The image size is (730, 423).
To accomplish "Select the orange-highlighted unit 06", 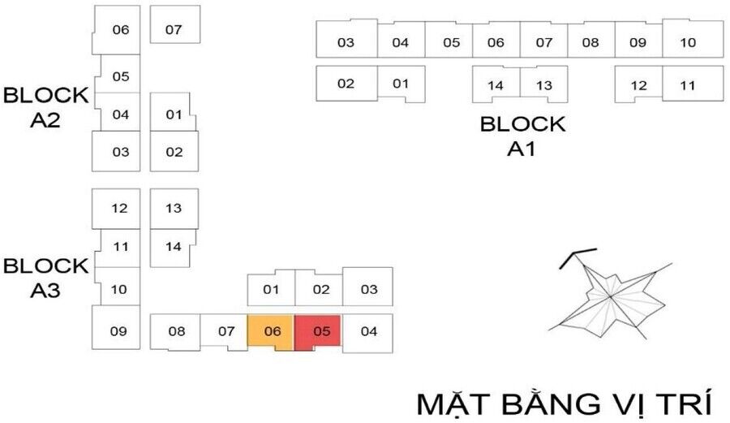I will pyautogui.click(x=271, y=331).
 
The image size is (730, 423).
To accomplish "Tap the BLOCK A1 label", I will pyautogui.click(x=522, y=136).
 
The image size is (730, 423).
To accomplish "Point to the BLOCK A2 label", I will pyautogui.click(x=46, y=107).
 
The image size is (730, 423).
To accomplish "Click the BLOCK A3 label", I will pyautogui.click(x=46, y=278).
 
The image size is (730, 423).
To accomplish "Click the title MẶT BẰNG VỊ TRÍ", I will pyautogui.click(x=565, y=404).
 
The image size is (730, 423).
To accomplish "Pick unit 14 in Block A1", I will pyautogui.click(x=496, y=84).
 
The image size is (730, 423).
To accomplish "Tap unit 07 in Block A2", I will pyautogui.click(x=174, y=30).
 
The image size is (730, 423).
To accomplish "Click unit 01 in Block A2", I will pyautogui.click(x=173, y=114).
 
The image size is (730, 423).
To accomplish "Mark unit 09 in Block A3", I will pyautogui.click(x=119, y=330).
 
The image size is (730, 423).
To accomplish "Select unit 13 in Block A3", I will pyautogui.click(x=174, y=209).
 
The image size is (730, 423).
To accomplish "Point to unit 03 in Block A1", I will pyautogui.click(x=346, y=42).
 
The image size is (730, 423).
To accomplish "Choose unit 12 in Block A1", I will pyautogui.click(x=639, y=84).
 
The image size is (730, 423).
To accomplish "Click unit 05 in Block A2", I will pyautogui.click(x=120, y=76).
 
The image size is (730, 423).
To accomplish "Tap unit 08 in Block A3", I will pyautogui.click(x=177, y=331).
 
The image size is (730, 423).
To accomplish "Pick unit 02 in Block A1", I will pyautogui.click(x=346, y=83).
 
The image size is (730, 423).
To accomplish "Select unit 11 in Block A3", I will pyautogui.click(x=120, y=247).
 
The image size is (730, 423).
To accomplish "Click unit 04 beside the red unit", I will pyautogui.click(x=368, y=331).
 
